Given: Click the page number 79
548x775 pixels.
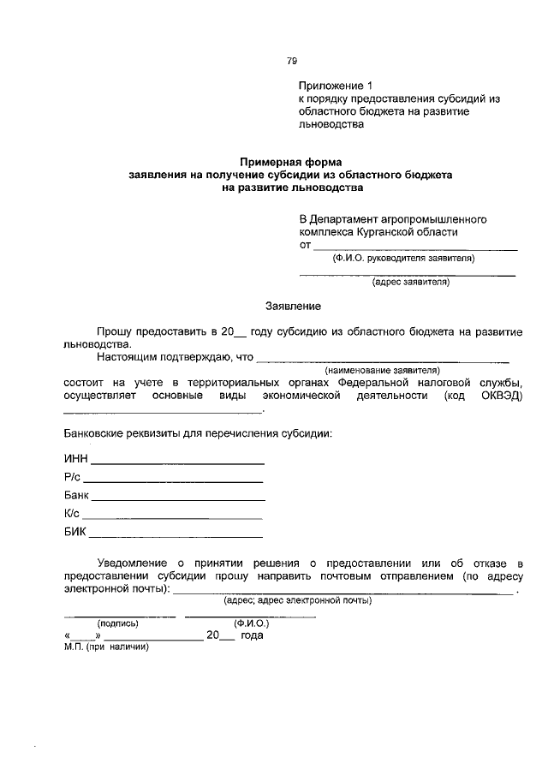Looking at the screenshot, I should click(292, 61).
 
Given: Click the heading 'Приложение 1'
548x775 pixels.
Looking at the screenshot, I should click(337, 86).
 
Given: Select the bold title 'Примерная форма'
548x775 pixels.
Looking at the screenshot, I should click(290, 161).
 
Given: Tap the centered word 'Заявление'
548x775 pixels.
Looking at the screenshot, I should click(294, 306).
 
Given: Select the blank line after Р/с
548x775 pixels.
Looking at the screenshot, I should click(174, 480).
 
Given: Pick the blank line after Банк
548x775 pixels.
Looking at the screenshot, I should click(178, 499).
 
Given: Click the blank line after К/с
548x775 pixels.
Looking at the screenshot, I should click(172, 518).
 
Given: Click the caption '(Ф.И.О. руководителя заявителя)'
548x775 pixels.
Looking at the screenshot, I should click(403, 258).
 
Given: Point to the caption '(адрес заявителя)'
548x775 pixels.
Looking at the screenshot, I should click(410, 282).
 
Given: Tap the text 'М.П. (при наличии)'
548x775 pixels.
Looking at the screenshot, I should click(106, 647).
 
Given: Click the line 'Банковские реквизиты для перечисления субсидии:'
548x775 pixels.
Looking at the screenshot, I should click(198, 433).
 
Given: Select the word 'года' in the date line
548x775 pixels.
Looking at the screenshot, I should click(252, 635).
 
